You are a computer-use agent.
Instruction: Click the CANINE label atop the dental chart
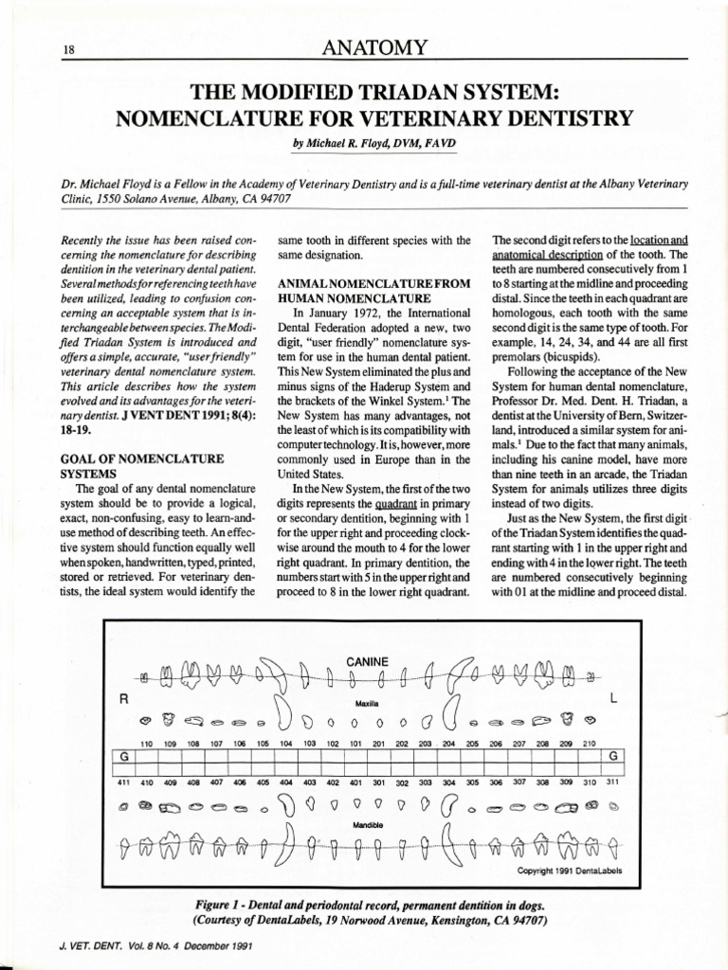coord(365,660)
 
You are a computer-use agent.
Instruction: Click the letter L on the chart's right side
coord(613,699)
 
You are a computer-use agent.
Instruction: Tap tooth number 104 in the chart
coord(285,745)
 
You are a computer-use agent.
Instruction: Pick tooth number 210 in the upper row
coord(588,745)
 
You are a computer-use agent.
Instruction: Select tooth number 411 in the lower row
coord(122,782)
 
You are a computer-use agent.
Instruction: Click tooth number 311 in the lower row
coord(611,782)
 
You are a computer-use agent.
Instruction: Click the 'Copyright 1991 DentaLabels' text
coord(569,871)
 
